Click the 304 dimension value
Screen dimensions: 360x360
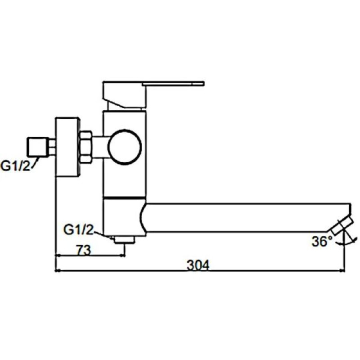pos(198,265)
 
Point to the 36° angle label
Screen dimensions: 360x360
pos(321,242)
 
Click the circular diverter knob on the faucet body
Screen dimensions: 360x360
pos(125,147)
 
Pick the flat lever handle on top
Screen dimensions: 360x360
pos(173,83)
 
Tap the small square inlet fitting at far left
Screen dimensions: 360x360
pos(37,146)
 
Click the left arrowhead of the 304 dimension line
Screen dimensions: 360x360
pos(57,271)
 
